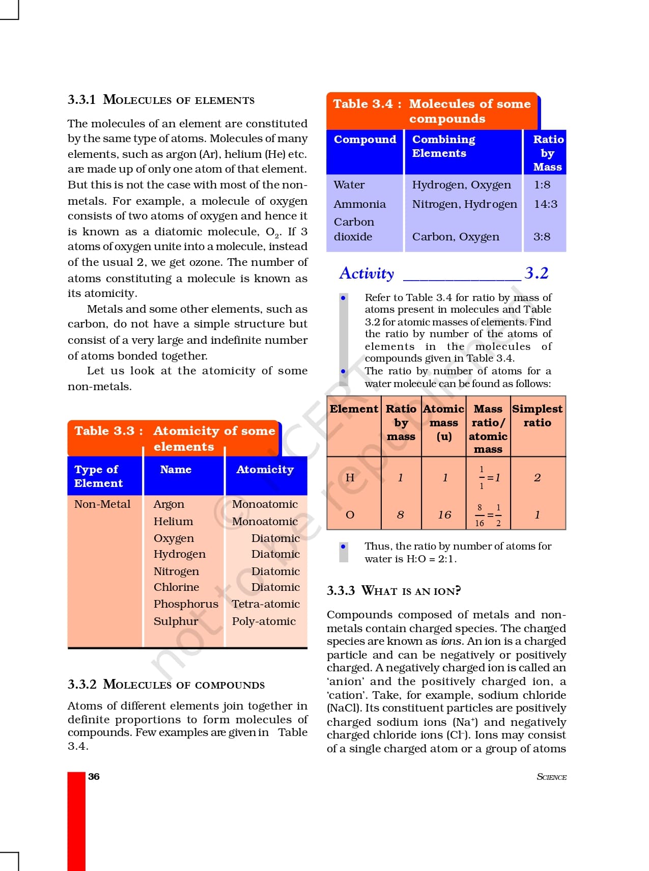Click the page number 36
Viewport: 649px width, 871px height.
click(x=94, y=776)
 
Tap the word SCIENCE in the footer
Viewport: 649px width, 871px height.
click(x=551, y=777)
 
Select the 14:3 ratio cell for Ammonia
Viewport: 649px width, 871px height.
click(x=545, y=204)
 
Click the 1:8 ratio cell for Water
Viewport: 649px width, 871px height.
click(x=542, y=185)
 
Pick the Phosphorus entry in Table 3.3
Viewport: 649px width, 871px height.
click(x=186, y=604)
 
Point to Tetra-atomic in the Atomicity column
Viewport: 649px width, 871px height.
click(x=266, y=604)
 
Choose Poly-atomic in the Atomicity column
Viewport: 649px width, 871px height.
click(x=264, y=621)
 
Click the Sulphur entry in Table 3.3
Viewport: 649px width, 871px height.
click(x=176, y=621)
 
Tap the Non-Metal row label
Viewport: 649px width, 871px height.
click(x=102, y=504)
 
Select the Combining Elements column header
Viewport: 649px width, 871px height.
click(x=443, y=146)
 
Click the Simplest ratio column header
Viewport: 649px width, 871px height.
click(x=537, y=416)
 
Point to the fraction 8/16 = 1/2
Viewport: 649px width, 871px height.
click(x=488, y=515)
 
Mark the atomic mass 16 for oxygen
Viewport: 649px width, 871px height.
click(x=444, y=515)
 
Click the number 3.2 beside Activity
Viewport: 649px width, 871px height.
click(x=537, y=273)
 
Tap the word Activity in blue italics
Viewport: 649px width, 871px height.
click(x=366, y=274)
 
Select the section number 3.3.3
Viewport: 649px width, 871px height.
click(x=341, y=591)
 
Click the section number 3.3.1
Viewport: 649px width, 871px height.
click(x=81, y=99)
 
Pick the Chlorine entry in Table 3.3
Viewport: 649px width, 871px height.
click(x=176, y=587)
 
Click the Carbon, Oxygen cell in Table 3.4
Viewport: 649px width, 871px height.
click(x=456, y=237)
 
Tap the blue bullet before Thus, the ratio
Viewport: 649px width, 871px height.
click(x=344, y=547)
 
